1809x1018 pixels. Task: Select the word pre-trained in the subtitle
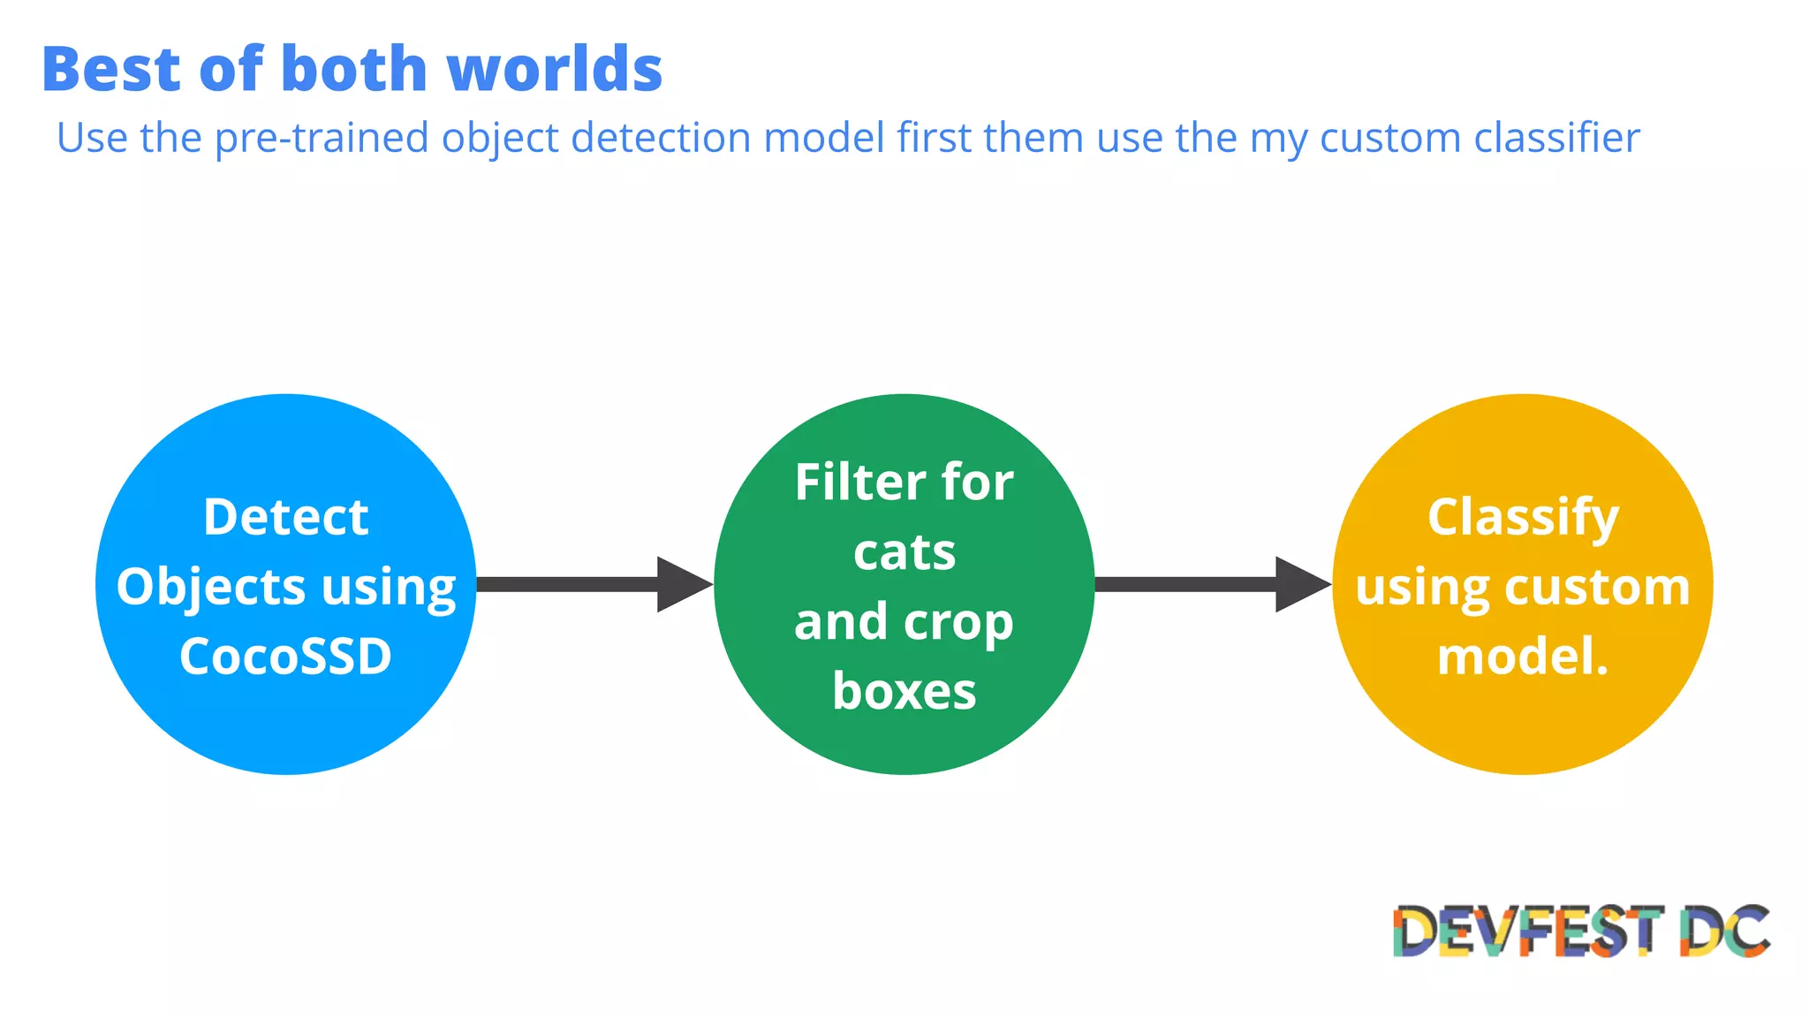[x=322, y=139]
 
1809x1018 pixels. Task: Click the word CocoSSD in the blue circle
[x=285, y=657]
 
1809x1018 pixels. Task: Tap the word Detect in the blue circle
[x=285, y=517]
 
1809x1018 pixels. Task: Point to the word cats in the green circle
[x=904, y=553]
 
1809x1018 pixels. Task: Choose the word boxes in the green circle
[x=904, y=691]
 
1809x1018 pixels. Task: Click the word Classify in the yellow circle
[x=1523, y=517]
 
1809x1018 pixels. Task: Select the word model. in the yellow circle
[x=1523, y=657]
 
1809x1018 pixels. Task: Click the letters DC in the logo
[x=1724, y=931]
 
